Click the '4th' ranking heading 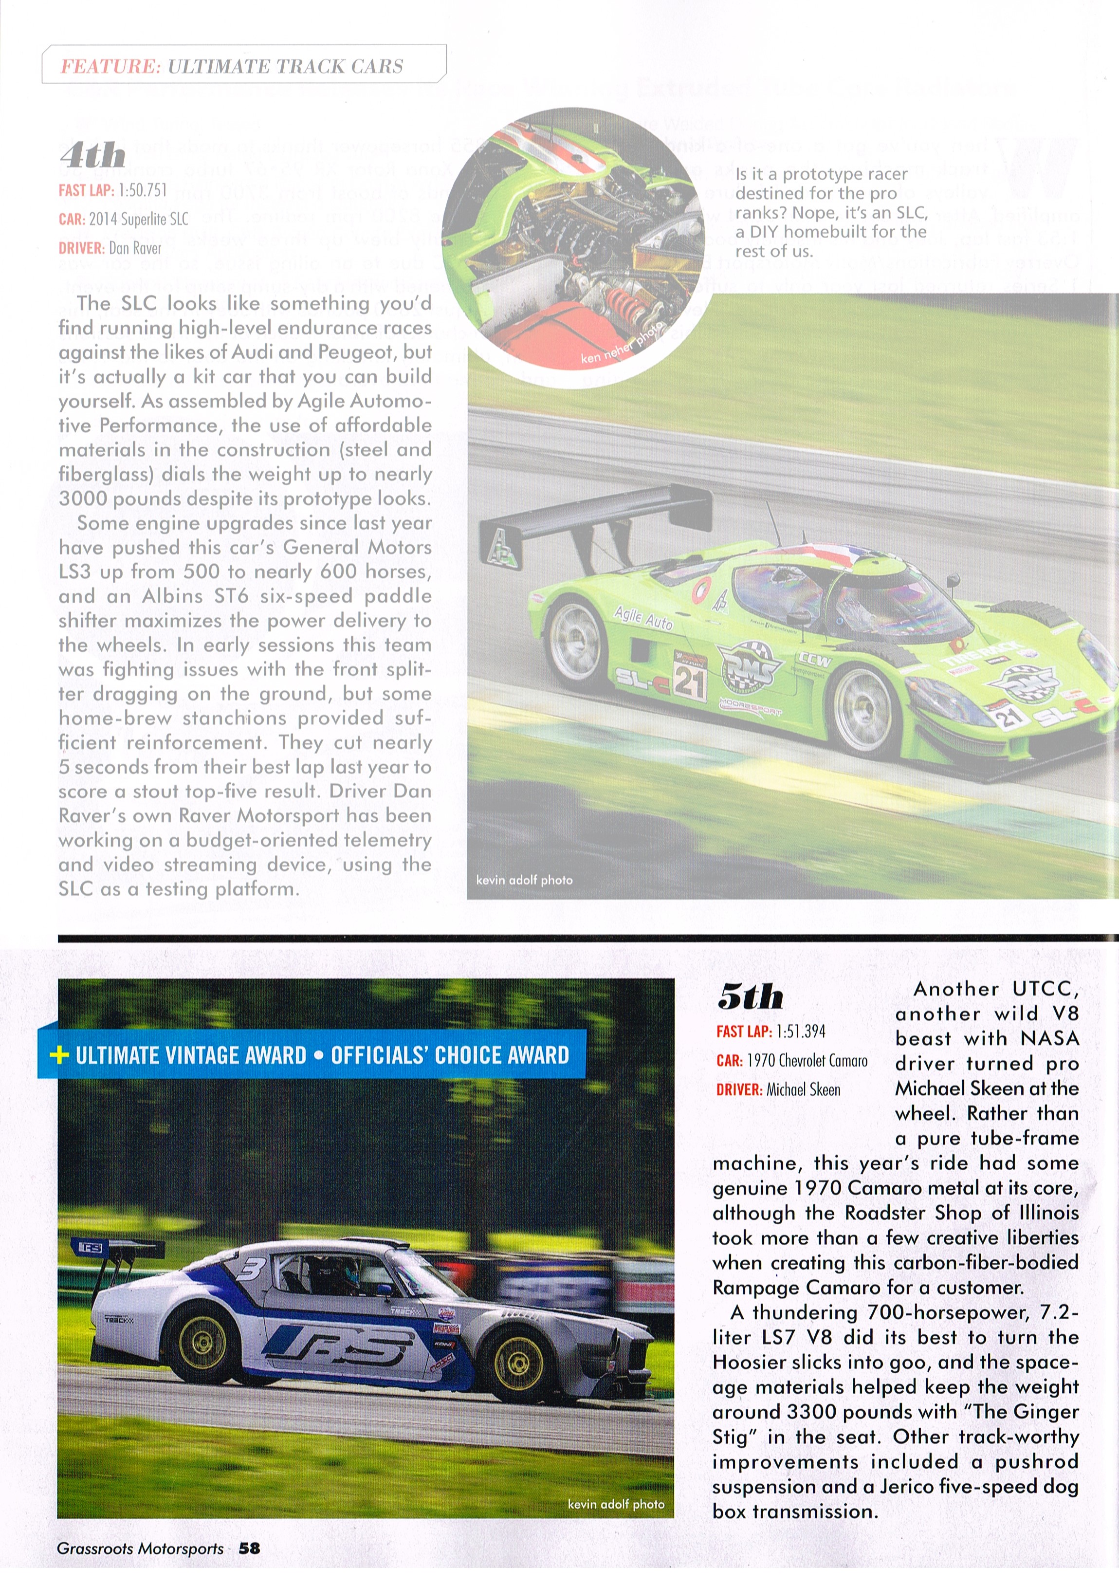point(92,156)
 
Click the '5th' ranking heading point(751,996)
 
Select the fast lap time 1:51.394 point(801,1032)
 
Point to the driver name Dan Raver point(135,248)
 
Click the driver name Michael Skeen point(804,1090)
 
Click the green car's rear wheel point(578,641)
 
